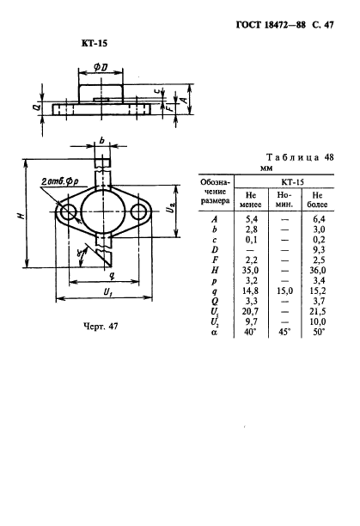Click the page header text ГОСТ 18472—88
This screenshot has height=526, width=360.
tap(271, 25)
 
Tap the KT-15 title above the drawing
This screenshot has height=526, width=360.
tap(95, 43)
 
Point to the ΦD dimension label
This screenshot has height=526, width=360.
tap(101, 67)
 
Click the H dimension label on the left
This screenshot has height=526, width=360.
tap(21, 215)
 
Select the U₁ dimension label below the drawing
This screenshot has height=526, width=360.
tap(107, 292)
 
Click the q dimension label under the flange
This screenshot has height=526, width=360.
tap(113, 275)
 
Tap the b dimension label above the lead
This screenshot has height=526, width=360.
tap(102, 141)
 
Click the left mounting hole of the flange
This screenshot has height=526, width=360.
tap(69, 212)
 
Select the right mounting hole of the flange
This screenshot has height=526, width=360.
tap(138, 211)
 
